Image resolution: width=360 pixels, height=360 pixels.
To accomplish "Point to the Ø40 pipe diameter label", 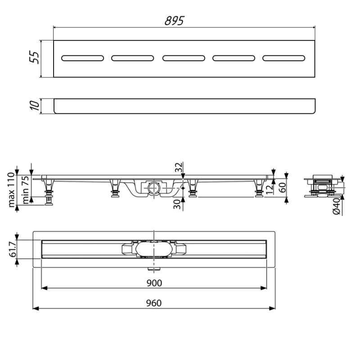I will pyautogui.click(x=337, y=206).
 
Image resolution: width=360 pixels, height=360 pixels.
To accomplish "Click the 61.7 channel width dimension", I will pyautogui.click(x=13, y=249).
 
